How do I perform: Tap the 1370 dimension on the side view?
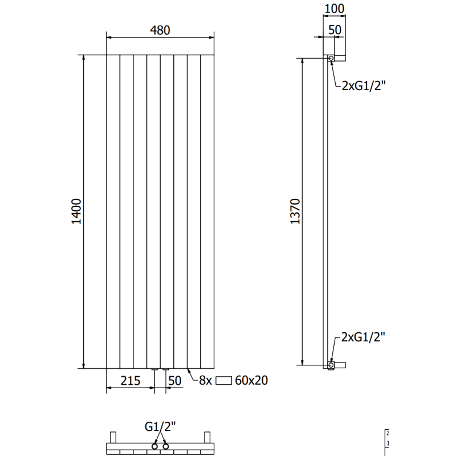pyautogui.click(x=295, y=211)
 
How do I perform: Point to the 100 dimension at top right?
pyautogui.click(x=334, y=9)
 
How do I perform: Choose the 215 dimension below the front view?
pyautogui.click(x=131, y=380)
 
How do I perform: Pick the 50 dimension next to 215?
pyautogui.click(x=175, y=380)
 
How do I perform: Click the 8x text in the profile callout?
pyautogui.click(x=205, y=380)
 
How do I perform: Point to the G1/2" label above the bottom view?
pyautogui.click(x=160, y=426)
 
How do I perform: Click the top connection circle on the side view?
pyautogui.click(x=331, y=58)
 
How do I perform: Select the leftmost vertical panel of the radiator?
pyautogui.click(x=113, y=211)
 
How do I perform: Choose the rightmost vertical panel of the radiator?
pyautogui.click(x=208, y=211)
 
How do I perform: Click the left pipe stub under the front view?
pyautogui.click(x=154, y=371)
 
